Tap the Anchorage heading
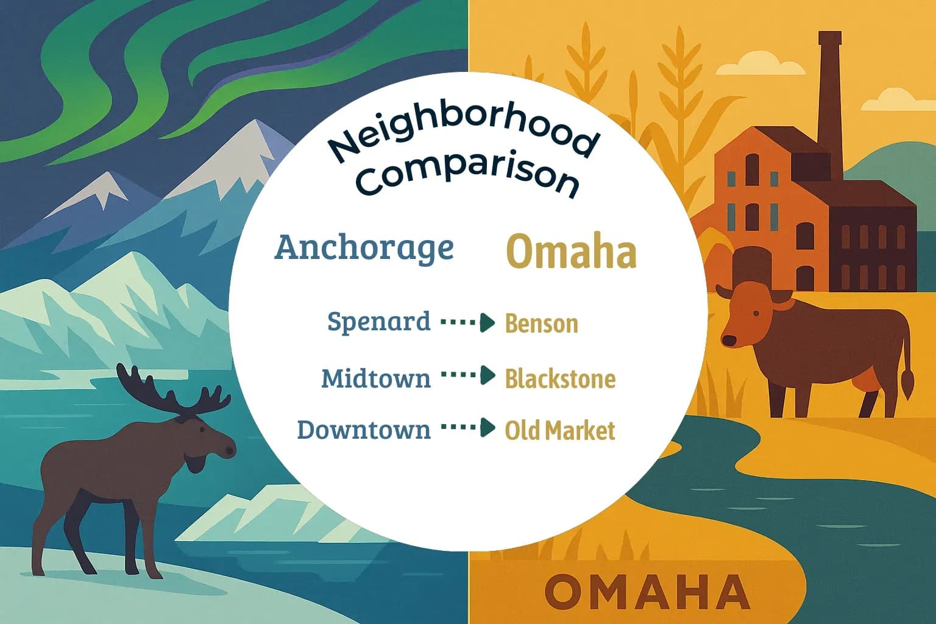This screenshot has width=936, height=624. pyautogui.click(x=364, y=247)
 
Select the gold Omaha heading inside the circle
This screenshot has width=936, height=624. pyautogui.click(x=572, y=252)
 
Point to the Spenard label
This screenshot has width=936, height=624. pyautogui.click(x=378, y=321)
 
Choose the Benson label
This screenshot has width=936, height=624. pyautogui.click(x=542, y=324)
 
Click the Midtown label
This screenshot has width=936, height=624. pyautogui.click(x=375, y=378)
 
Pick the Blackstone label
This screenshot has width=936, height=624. pyautogui.click(x=560, y=379)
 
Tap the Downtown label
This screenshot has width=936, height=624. pyautogui.click(x=364, y=430)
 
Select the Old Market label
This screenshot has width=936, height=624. pyautogui.click(x=560, y=431)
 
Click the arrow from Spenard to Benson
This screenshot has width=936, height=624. pyautogui.click(x=467, y=322)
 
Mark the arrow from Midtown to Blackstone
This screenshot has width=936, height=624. pyautogui.click(x=467, y=375)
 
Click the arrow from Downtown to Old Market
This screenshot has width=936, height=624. pyautogui.click(x=467, y=428)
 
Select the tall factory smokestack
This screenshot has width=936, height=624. pyautogui.click(x=829, y=104)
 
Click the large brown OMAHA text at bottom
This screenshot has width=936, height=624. pyautogui.click(x=647, y=591)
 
